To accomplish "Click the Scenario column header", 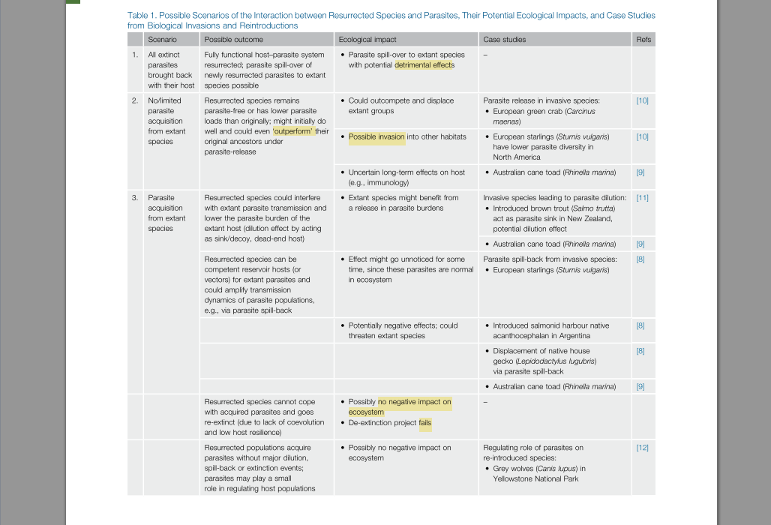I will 162,40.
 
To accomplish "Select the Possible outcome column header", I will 233,40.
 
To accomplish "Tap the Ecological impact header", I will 367,40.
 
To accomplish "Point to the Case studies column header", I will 504,40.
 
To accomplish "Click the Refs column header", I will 643,40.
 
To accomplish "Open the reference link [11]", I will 642,198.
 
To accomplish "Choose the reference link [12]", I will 642,448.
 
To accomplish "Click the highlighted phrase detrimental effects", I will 424,65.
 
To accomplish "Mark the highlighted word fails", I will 424,423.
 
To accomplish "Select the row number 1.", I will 135,55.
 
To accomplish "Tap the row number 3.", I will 135,198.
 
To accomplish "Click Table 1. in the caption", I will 141,15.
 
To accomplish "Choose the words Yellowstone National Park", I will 535,479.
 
